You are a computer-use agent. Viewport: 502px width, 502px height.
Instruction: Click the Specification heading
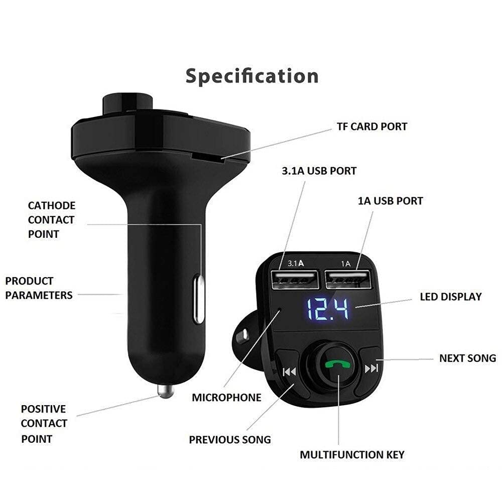pyautogui.click(x=252, y=76)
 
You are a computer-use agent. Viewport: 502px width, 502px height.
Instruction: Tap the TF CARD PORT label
pyautogui.click(x=372, y=126)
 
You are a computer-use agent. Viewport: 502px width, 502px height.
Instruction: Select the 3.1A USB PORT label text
pyautogui.click(x=319, y=171)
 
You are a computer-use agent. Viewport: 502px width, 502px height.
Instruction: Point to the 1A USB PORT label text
pyautogui.click(x=390, y=201)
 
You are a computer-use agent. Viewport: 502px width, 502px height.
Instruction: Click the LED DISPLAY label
pyautogui.click(x=450, y=297)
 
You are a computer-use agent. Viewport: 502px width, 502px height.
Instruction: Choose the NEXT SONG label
pyautogui.click(x=467, y=358)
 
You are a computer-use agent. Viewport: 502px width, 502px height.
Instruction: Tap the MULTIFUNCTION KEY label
pyautogui.click(x=352, y=455)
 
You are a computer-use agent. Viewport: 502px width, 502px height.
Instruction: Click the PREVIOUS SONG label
pyautogui.click(x=229, y=440)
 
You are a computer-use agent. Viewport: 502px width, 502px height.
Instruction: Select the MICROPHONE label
pyautogui.click(x=226, y=398)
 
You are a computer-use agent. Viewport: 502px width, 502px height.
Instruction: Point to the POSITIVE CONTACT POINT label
pyautogui.click(x=44, y=424)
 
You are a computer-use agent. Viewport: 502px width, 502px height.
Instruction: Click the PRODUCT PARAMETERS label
pyautogui.click(x=39, y=288)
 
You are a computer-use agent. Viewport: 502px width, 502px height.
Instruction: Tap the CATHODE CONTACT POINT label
pyautogui.click(x=51, y=219)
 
